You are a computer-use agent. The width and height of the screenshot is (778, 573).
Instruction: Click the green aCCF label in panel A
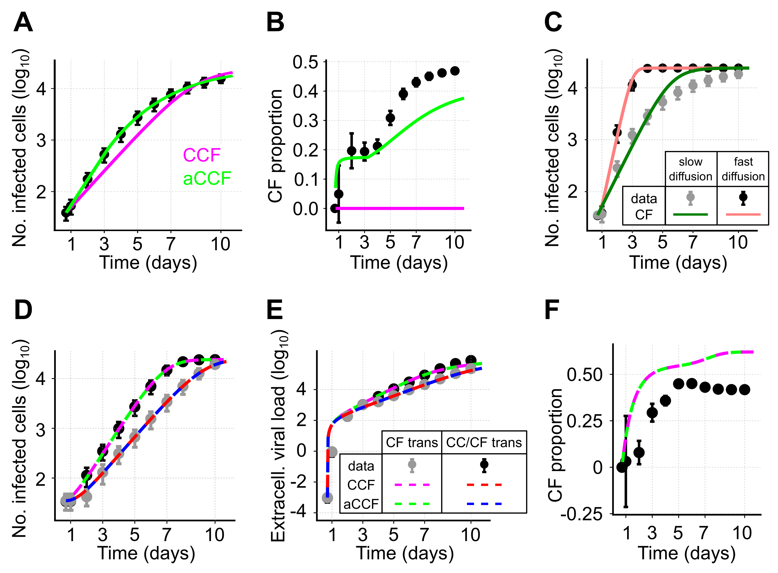[x=207, y=179]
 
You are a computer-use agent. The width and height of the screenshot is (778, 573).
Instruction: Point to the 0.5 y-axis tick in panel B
[x=305, y=63]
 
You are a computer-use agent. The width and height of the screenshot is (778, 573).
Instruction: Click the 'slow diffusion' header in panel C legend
[x=690, y=169]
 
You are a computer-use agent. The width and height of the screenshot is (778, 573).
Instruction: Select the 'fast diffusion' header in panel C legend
[x=743, y=169]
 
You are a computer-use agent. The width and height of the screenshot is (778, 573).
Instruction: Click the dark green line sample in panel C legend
[x=690, y=214]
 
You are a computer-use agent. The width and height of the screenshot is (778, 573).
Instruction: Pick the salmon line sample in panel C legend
[x=743, y=214]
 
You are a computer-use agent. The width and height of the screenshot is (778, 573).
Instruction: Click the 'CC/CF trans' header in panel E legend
[x=484, y=443]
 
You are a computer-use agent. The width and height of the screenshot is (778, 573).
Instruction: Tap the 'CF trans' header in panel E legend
[x=412, y=443]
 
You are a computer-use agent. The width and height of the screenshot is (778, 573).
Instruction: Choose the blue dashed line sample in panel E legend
[x=484, y=503]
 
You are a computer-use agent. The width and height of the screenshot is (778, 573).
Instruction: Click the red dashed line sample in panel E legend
[x=484, y=484]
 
